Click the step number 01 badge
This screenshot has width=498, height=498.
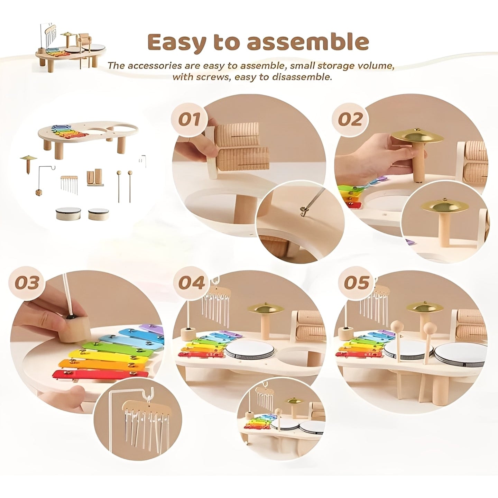[189, 119]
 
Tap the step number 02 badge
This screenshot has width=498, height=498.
[350, 119]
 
